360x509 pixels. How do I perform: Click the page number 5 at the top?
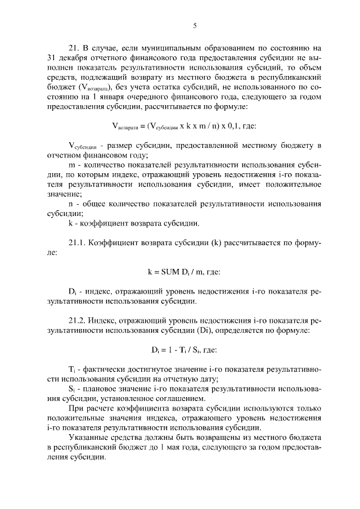coord(194,25)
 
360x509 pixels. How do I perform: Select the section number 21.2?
coord(76,321)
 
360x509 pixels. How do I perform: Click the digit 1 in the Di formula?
coord(169,350)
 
